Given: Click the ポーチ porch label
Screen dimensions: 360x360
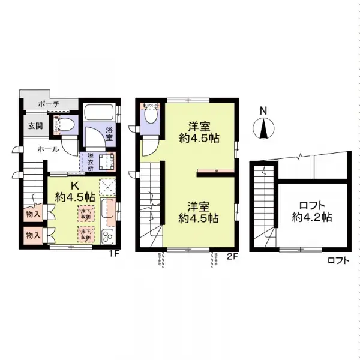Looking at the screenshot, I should coord(48,104).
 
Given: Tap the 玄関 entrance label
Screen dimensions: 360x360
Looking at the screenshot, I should coord(35,127).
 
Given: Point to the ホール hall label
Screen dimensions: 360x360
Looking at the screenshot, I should coord(48,149).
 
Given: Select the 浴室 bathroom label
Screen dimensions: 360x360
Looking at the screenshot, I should coord(110,133).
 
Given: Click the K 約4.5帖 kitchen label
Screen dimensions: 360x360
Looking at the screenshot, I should coord(75,191).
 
